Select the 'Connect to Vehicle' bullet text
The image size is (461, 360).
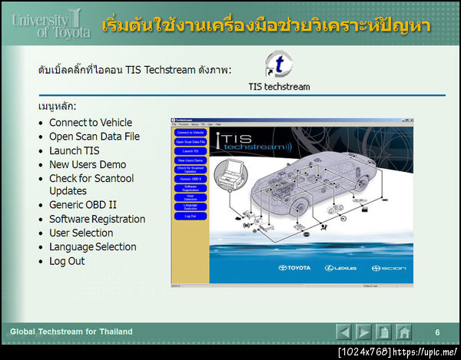tap(91, 122)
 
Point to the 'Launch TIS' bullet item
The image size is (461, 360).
tap(75, 150)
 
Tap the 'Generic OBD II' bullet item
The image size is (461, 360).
tap(83, 205)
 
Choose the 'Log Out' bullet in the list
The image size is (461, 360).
tap(67, 261)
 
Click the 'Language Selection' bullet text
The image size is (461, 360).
tap(93, 246)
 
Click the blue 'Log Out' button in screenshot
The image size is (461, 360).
tap(190, 216)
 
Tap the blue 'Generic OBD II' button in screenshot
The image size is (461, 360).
tap(190, 178)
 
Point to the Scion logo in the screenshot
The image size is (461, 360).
tap(387, 268)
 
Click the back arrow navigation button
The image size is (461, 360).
tap(344, 332)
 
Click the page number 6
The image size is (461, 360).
tap(437, 332)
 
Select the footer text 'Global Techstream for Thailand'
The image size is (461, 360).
tap(71, 332)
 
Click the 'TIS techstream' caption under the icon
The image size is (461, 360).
tap(279, 87)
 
